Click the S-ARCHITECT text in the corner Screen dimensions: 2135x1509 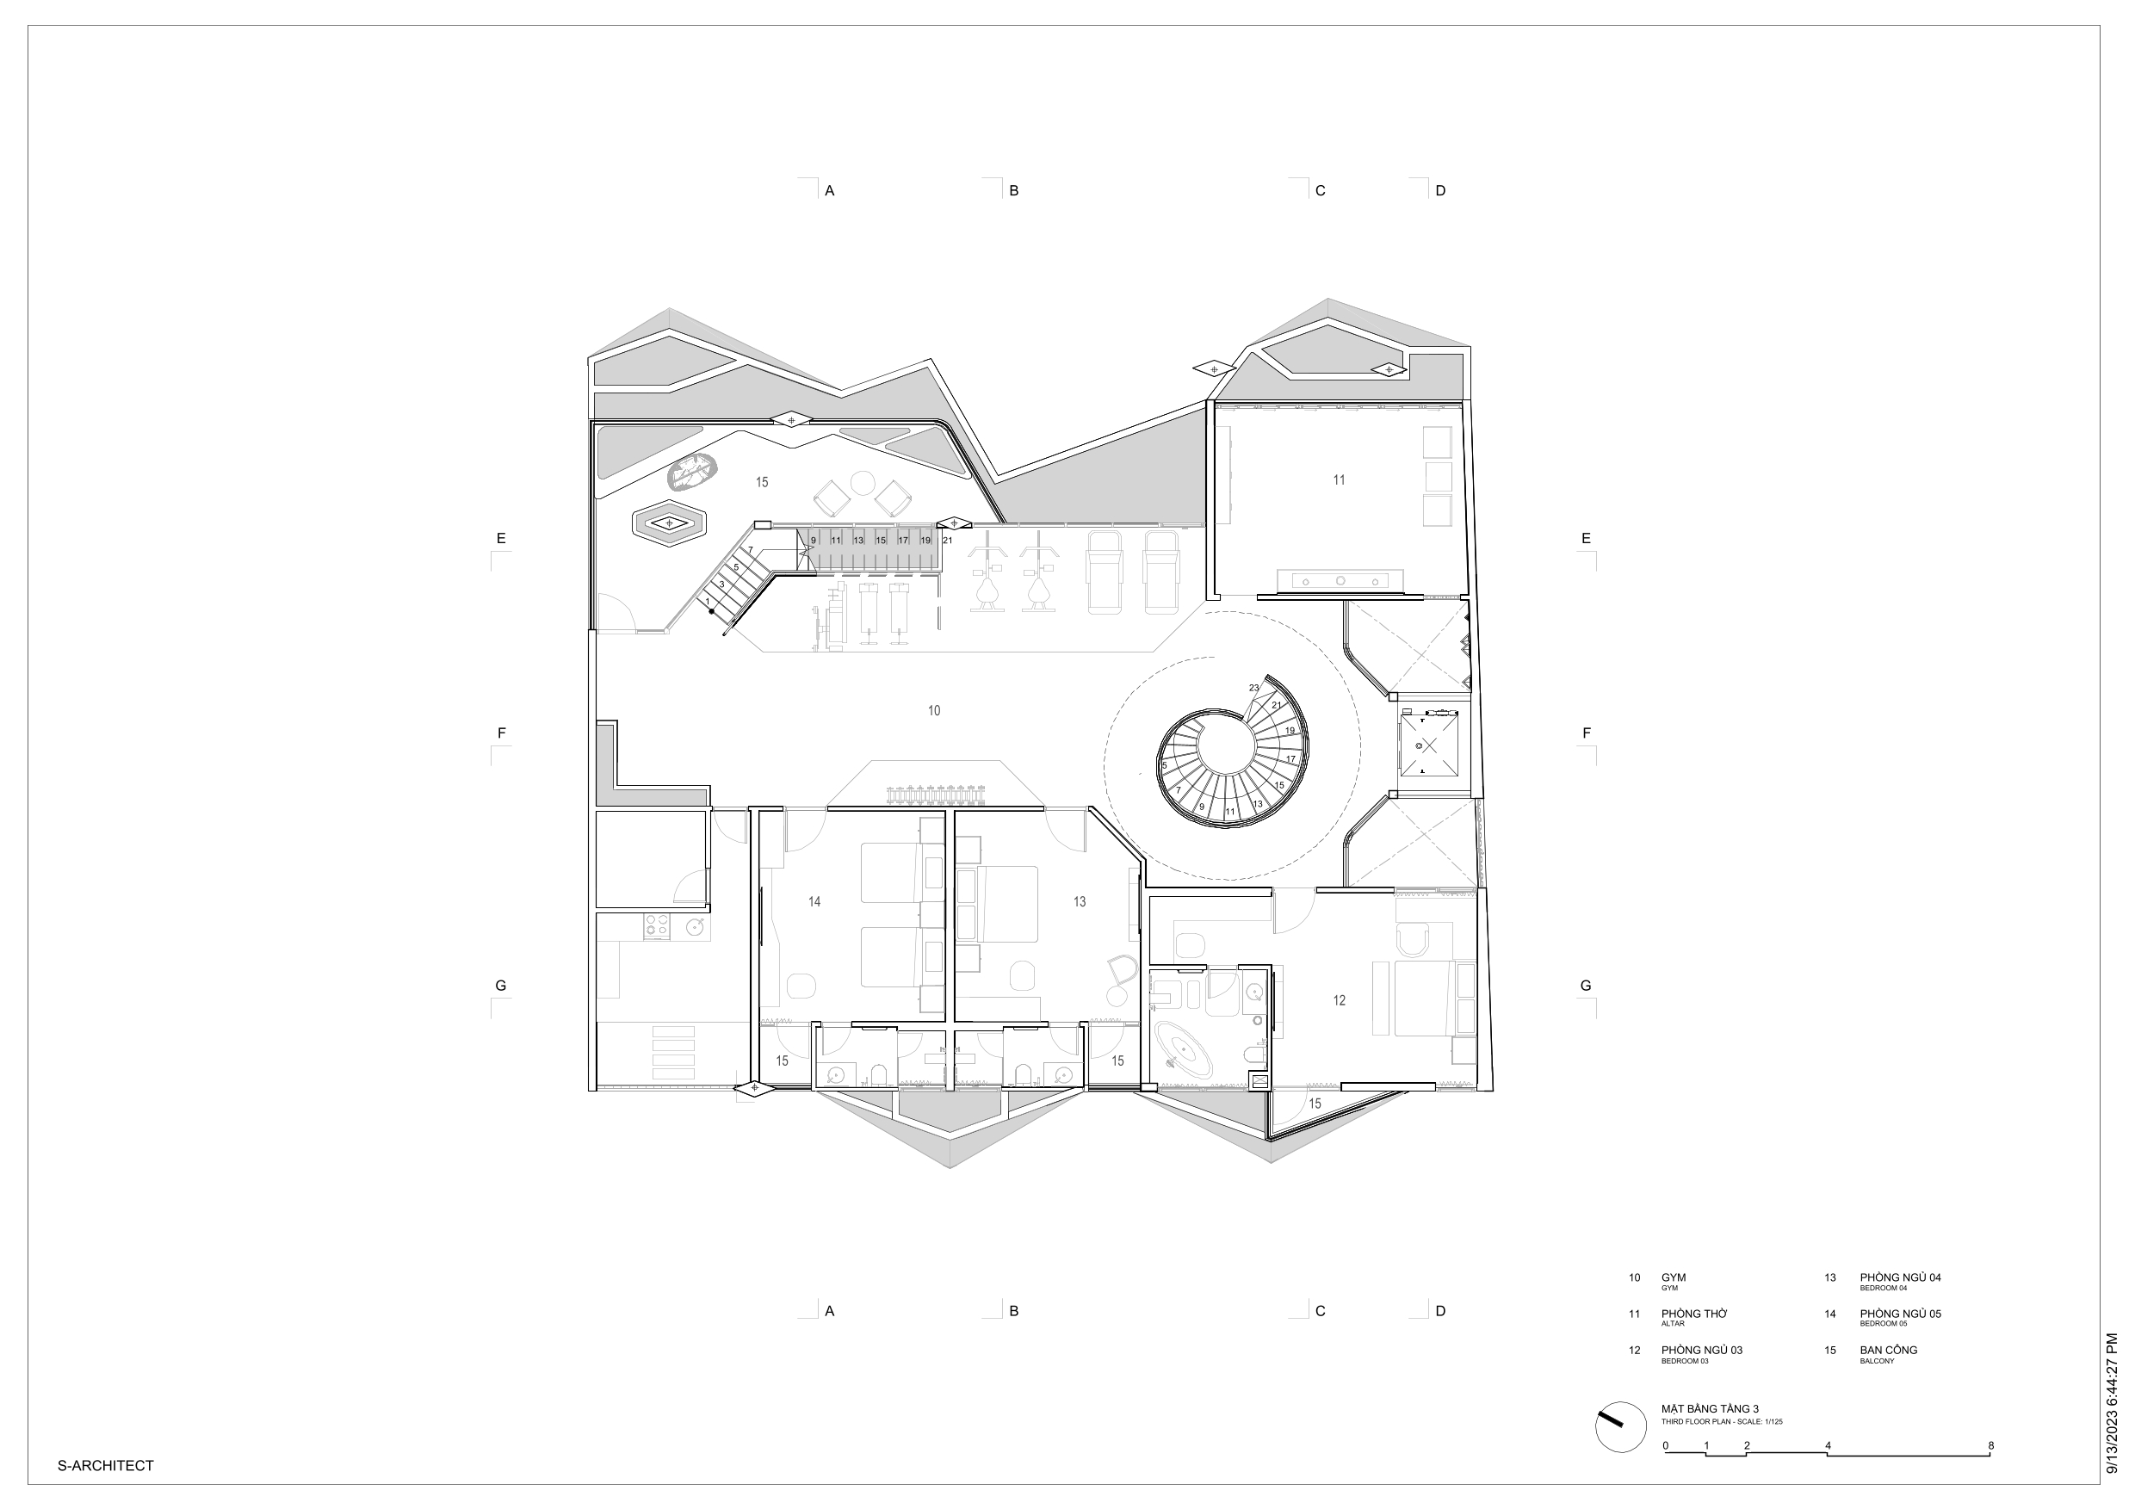[105, 1465]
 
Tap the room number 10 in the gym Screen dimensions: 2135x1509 [933, 710]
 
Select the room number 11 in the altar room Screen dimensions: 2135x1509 [1338, 479]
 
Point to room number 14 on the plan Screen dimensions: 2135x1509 [814, 901]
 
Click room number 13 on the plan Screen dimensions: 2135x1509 [1079, 901]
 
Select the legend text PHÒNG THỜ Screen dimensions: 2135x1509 [1694, 1314]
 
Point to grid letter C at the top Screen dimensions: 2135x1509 [1320, 190]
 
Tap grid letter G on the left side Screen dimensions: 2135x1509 [500, 986]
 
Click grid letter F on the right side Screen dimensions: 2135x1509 [1587, 733]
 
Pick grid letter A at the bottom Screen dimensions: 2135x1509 [829, 1311]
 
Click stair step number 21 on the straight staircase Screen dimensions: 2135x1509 [947, 541]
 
